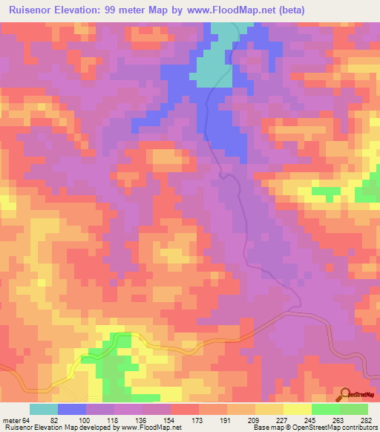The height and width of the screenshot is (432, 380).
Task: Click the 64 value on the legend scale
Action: click(x=27, y=419)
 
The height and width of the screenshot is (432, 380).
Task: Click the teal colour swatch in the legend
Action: click(x=44, y=409)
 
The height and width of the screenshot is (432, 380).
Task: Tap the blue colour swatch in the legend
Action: click(x=72, y=409)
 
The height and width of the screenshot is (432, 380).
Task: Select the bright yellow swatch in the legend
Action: click(x=297, y=409)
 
